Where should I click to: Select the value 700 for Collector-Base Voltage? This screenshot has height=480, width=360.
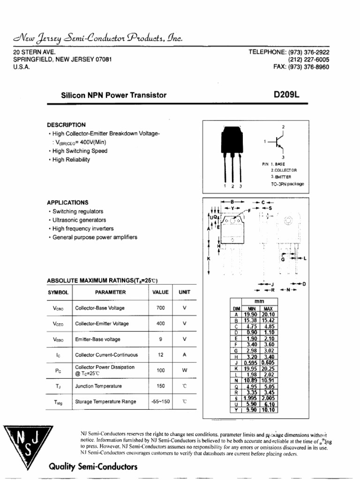160,308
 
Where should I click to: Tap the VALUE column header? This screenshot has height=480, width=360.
160,292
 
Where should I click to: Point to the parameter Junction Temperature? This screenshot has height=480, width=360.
98,386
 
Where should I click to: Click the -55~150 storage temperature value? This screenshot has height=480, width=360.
160,402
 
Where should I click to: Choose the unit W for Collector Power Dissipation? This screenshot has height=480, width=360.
185,370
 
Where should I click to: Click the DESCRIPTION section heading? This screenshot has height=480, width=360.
66,125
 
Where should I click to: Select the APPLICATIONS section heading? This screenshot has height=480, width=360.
67,202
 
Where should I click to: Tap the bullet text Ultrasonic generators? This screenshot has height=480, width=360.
79,220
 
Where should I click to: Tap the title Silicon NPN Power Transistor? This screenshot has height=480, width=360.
114,95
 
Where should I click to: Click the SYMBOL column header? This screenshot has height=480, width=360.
59,292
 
